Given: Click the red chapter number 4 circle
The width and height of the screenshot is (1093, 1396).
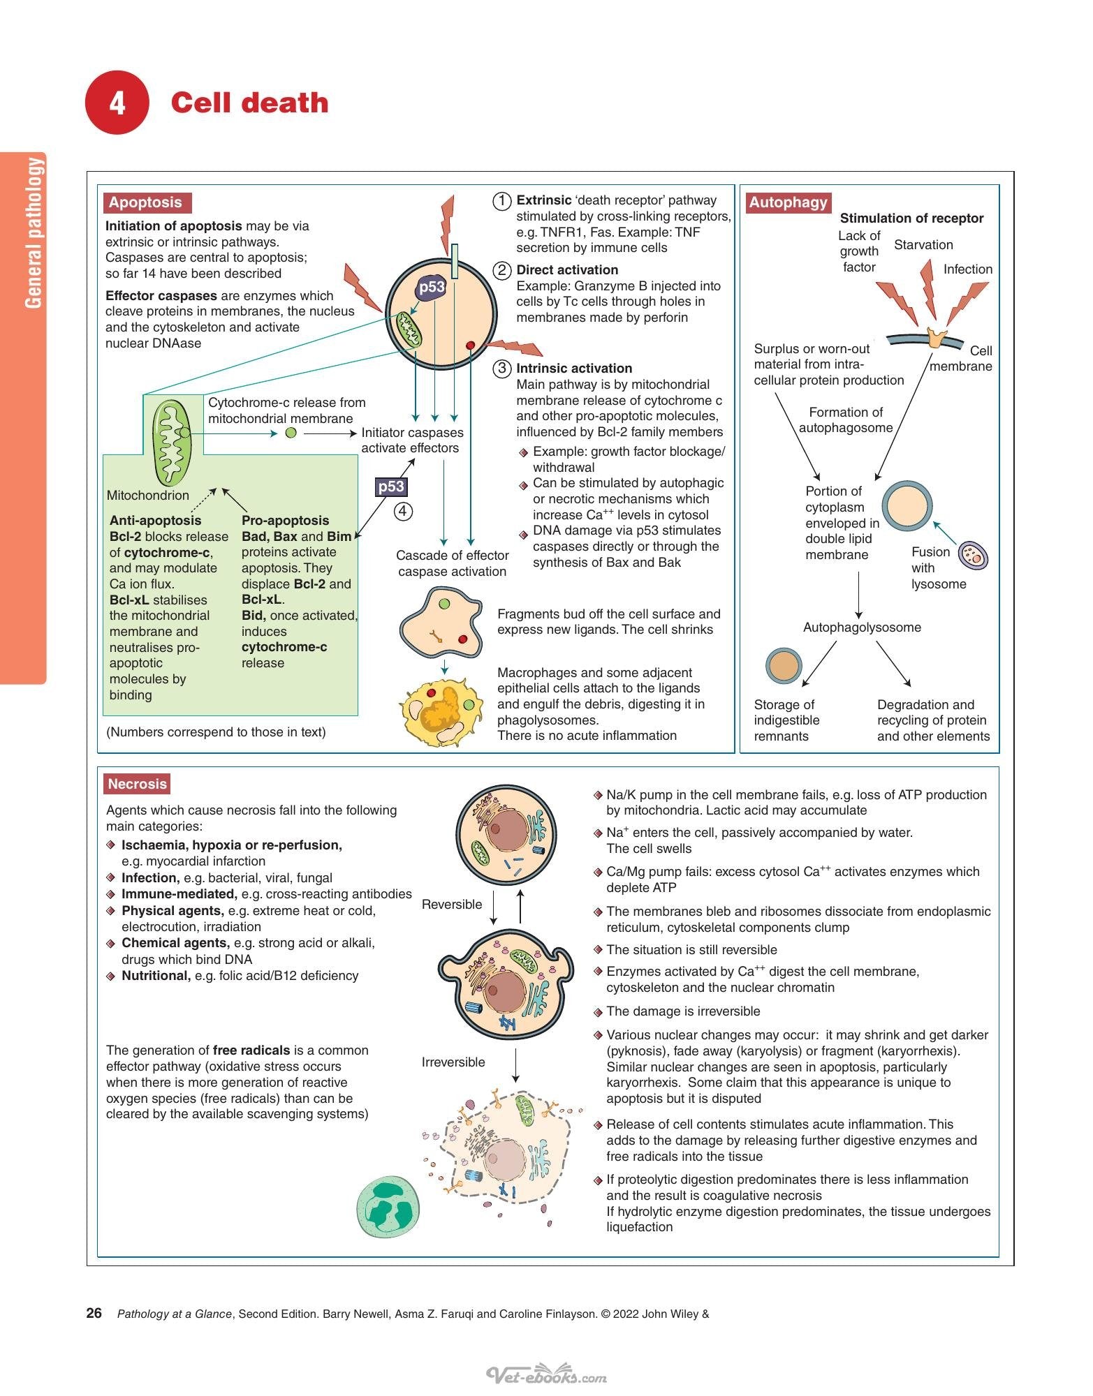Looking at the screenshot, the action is tap(117, 103).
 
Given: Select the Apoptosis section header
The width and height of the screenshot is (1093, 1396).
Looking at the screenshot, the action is tap(146, 202).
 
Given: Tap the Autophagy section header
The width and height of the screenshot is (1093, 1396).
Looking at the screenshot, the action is tap(788, 202).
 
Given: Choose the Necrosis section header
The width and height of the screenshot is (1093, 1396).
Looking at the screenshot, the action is tap(138, 784).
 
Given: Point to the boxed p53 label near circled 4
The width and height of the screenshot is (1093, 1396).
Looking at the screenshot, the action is tap(391, 487).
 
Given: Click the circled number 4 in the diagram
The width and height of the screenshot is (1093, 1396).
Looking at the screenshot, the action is tap(403, 512).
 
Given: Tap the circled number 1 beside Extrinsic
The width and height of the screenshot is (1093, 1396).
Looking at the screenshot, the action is tap(502, 201).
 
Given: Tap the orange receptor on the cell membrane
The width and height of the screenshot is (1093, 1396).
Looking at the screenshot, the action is tap(935, 337).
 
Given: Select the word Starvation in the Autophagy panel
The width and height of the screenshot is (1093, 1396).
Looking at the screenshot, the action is tap(923, 245).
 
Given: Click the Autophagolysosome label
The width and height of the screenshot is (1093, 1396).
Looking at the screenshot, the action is tap(862, 628).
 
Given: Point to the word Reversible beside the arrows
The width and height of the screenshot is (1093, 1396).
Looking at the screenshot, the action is tap(452, 905).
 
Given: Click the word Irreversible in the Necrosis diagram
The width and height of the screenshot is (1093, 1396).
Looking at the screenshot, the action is tap(453, 1062).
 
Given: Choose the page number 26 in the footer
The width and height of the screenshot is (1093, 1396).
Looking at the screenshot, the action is tap(94, 1313).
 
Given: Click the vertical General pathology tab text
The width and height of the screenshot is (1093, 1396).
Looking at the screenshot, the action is tap(34, 232).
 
